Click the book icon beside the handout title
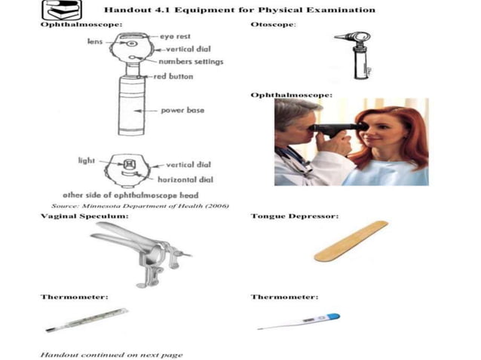(59, 11)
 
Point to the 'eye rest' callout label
(175, 36)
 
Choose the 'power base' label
(182, 110)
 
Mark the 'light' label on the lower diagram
(87, 160)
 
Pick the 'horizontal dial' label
(185, 179)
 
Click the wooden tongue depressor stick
(351, 242)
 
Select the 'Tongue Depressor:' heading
(294, 216)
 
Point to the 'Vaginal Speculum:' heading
(84, 216)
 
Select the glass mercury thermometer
(87, 320)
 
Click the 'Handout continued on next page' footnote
(111, 353)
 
